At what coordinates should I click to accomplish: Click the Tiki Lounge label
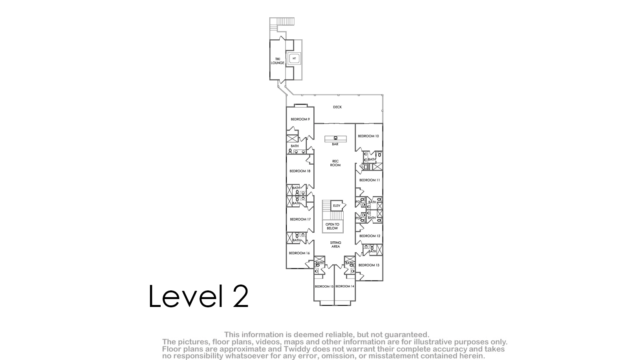coord(278,61)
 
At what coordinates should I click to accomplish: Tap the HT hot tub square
coord(294,59)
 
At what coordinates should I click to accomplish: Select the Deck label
coord(337,107)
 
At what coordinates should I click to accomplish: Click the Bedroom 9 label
coord(300,119)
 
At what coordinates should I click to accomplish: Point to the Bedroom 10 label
coord(368,136)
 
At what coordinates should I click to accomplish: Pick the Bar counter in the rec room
coord(335,139)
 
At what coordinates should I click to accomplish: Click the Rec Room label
coord(335,163)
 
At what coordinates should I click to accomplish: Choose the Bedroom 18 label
coord(300,171)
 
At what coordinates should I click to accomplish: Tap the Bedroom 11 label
coord(370,180)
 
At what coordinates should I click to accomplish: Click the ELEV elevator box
coord(337,206)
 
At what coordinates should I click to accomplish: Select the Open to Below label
coord(332,226)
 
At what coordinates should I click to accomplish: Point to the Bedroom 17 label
coord(300,219)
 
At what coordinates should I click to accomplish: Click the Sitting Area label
coord(335,244)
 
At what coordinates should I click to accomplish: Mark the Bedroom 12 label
coord(370,236)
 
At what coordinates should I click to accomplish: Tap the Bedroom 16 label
coord(299,253)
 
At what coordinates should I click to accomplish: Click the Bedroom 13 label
coord(369,265)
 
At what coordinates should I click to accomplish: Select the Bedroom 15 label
coord(324,287)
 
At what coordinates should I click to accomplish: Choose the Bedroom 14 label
coord(345,287)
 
